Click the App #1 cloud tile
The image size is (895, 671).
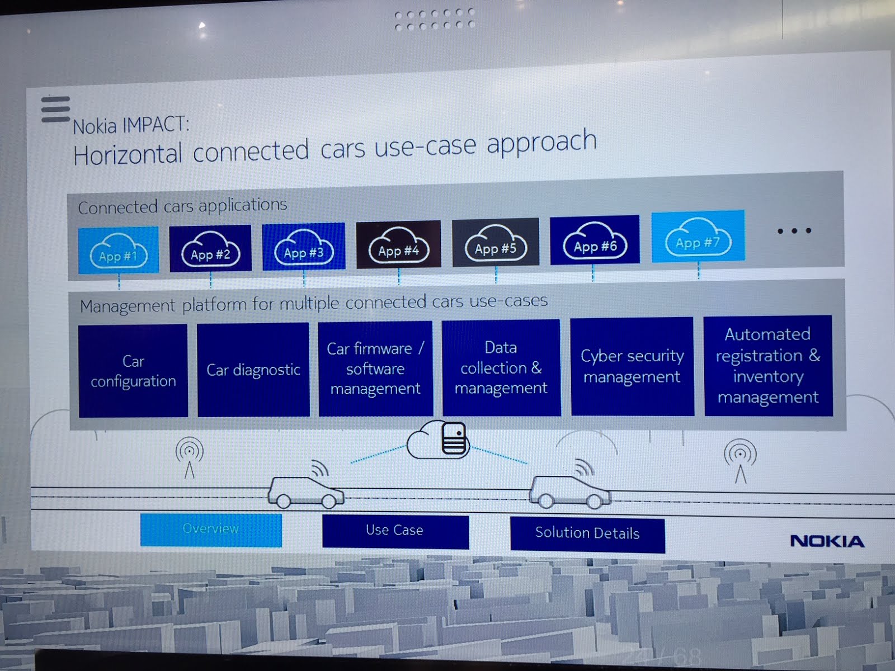pos(118,250)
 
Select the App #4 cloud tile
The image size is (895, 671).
pos(398,245)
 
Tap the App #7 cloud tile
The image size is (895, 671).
pos(698,237)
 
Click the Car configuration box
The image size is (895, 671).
pos(133,371)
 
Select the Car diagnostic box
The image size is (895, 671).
pos(253,370)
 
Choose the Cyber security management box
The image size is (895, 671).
pos(632,366)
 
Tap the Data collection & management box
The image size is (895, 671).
pos(501,367)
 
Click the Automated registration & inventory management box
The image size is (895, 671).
pos(768,366)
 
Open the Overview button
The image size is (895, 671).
pos(211,529)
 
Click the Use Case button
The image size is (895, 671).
pos(395,531)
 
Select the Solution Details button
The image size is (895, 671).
pos(587,533)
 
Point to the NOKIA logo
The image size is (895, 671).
pos(827,541)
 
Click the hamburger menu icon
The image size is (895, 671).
pos(55,109)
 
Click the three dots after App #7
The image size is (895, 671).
pos(794,230)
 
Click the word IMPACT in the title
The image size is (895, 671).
pos(156,124)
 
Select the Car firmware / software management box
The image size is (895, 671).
pos(375,368)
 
